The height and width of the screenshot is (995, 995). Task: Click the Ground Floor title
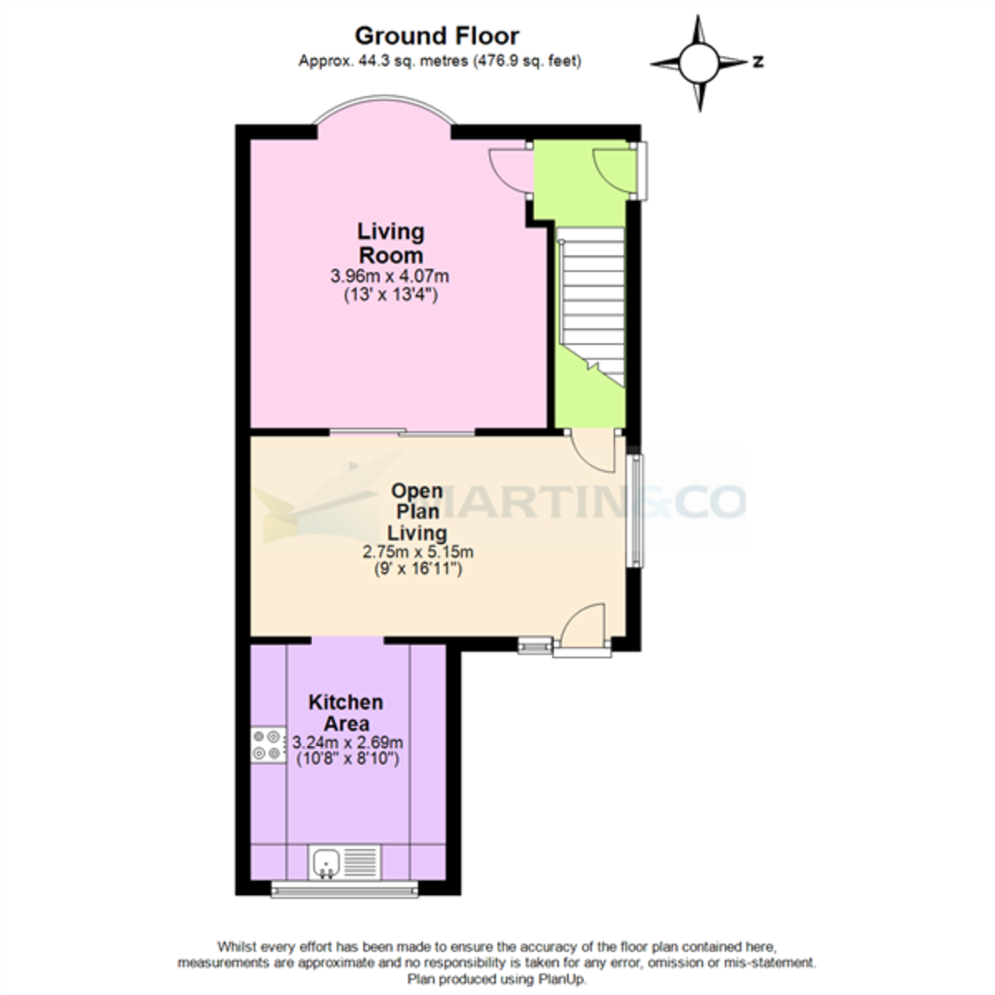(437, 36)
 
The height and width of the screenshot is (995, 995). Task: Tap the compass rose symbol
(698, 62)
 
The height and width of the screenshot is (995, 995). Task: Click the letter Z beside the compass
(758, 62)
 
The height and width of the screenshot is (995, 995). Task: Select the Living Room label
(390, 243)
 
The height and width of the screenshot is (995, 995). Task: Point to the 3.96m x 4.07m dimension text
(390, 276)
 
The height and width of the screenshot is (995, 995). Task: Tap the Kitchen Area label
(346, 712)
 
